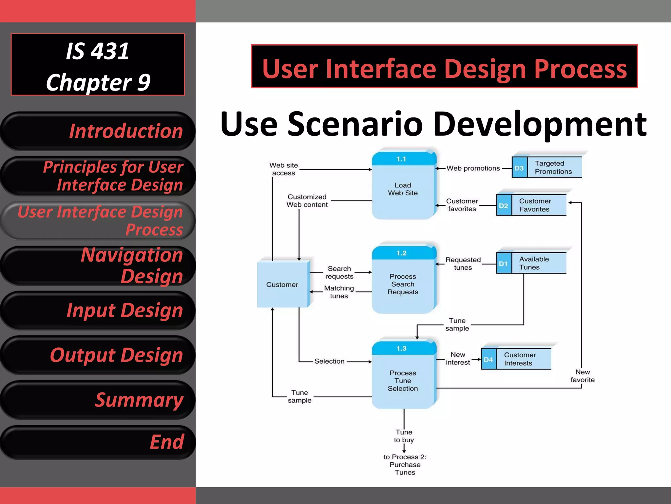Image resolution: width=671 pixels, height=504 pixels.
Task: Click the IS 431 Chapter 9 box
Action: coord(98,65)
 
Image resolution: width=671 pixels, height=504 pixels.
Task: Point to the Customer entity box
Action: coord(282,284)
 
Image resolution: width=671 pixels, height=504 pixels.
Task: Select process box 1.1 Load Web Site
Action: coord(403,186)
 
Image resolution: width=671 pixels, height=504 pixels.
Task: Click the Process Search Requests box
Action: coord(403,281)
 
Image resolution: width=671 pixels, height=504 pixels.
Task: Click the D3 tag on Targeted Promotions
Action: coord(519,168)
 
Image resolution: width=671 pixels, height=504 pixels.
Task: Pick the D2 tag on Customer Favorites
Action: coord(504,206)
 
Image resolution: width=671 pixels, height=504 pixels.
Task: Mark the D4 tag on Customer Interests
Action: coord(489,360)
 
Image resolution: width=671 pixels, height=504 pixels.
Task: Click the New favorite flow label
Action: coord(583,376)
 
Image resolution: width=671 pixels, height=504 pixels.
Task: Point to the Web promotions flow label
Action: coord(473,168)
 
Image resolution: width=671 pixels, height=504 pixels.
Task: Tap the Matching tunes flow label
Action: coord(339,292)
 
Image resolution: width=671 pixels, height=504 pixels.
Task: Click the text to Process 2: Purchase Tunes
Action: coord(405,465)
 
